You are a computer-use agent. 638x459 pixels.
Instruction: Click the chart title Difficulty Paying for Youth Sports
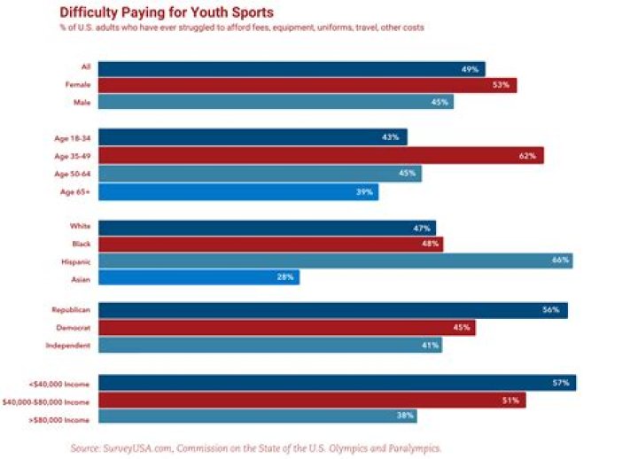pos(166,12)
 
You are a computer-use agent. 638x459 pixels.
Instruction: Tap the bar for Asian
pos(198,277)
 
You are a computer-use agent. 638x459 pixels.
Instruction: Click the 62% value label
pos(528,156)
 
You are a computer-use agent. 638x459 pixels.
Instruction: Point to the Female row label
pos(78,85)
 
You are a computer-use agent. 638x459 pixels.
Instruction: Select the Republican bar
pos(332,310)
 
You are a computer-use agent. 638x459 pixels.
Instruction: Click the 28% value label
pos(285,277)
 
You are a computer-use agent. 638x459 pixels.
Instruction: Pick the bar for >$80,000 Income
pos(257,416)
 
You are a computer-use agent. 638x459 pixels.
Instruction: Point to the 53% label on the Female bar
pos(502,85)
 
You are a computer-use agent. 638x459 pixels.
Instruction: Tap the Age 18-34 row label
pos(74,138)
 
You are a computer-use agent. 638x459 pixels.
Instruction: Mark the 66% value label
pos(559,261)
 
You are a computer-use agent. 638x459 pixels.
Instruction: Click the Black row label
pos(81,244)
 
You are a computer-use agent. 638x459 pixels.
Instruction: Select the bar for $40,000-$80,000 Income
pos(311,400)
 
